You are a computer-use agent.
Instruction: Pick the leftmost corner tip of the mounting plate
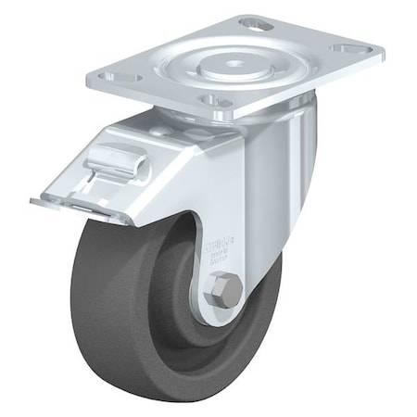[x=90, y=82]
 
